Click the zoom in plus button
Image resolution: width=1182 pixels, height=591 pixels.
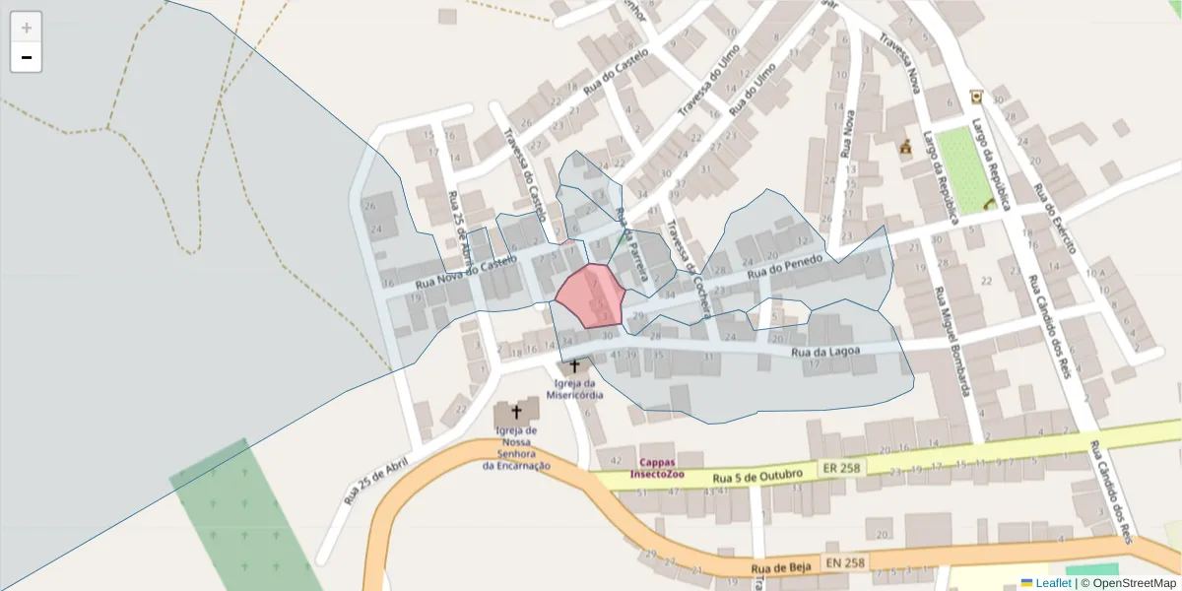(27, 28)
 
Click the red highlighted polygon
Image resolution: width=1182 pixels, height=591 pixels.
(591, 295)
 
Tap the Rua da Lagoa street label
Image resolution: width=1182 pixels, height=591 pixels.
(826, 352)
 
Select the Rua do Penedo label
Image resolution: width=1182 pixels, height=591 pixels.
(783, 266)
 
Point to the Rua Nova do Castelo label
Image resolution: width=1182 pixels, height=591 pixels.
(465, 273)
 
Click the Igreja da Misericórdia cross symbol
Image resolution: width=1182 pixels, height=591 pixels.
(575, 366)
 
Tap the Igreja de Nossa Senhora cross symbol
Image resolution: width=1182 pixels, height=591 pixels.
(515, 412)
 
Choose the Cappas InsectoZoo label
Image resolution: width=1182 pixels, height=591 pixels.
(671, 467)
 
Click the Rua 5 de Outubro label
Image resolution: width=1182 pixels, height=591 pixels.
(755, 477)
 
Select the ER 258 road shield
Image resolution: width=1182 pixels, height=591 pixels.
(841, 468)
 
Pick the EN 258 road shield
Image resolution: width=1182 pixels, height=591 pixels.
(845, 562)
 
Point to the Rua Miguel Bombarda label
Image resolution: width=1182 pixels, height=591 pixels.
(952, 341)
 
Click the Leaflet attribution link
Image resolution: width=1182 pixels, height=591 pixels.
(1052, 583)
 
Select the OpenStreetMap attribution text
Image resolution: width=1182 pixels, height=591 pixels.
(1135, 583)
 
